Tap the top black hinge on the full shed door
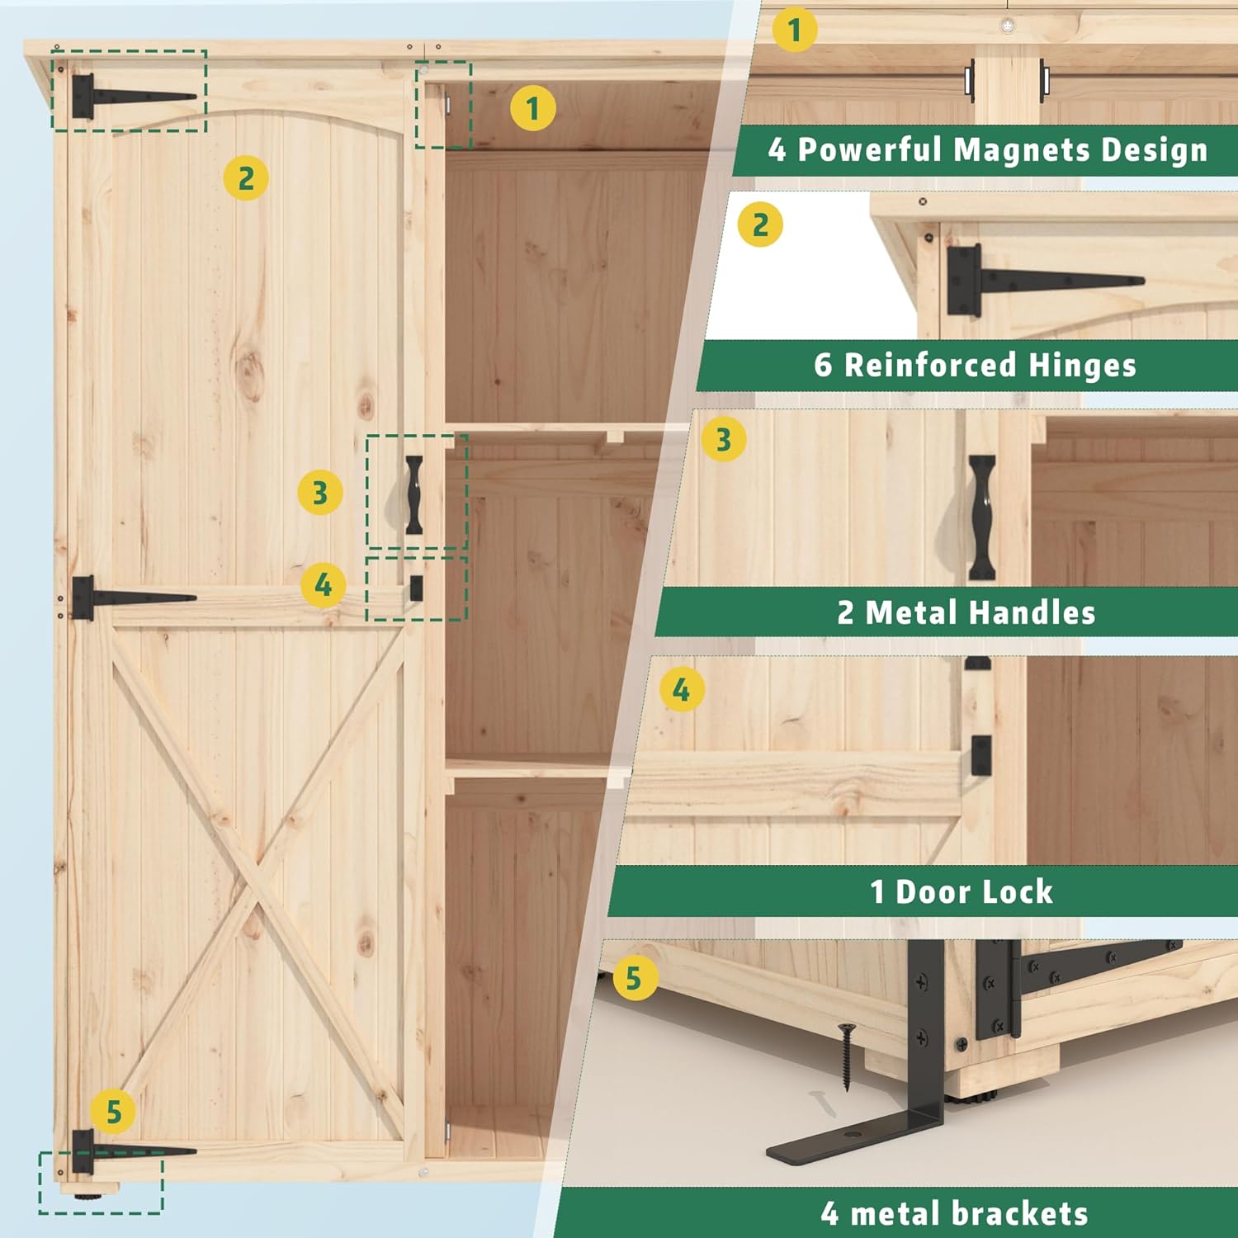[x=124, y=96]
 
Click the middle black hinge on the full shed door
[x=124, y=597]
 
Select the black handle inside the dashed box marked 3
[x=413, y=494]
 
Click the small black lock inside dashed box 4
[x=416, y=588]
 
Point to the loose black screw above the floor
[x=847, y=1056]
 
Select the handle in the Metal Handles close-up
[x=981, y=517]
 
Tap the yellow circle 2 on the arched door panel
[x=246, y=178]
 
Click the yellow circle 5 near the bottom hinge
[x=114, y=1113]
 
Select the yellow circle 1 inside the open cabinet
[x=532, y=108]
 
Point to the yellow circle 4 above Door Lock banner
[x=682, y=690]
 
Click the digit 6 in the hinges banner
[x=823, y=365]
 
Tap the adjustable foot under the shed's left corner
[x=86, y=1192]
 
